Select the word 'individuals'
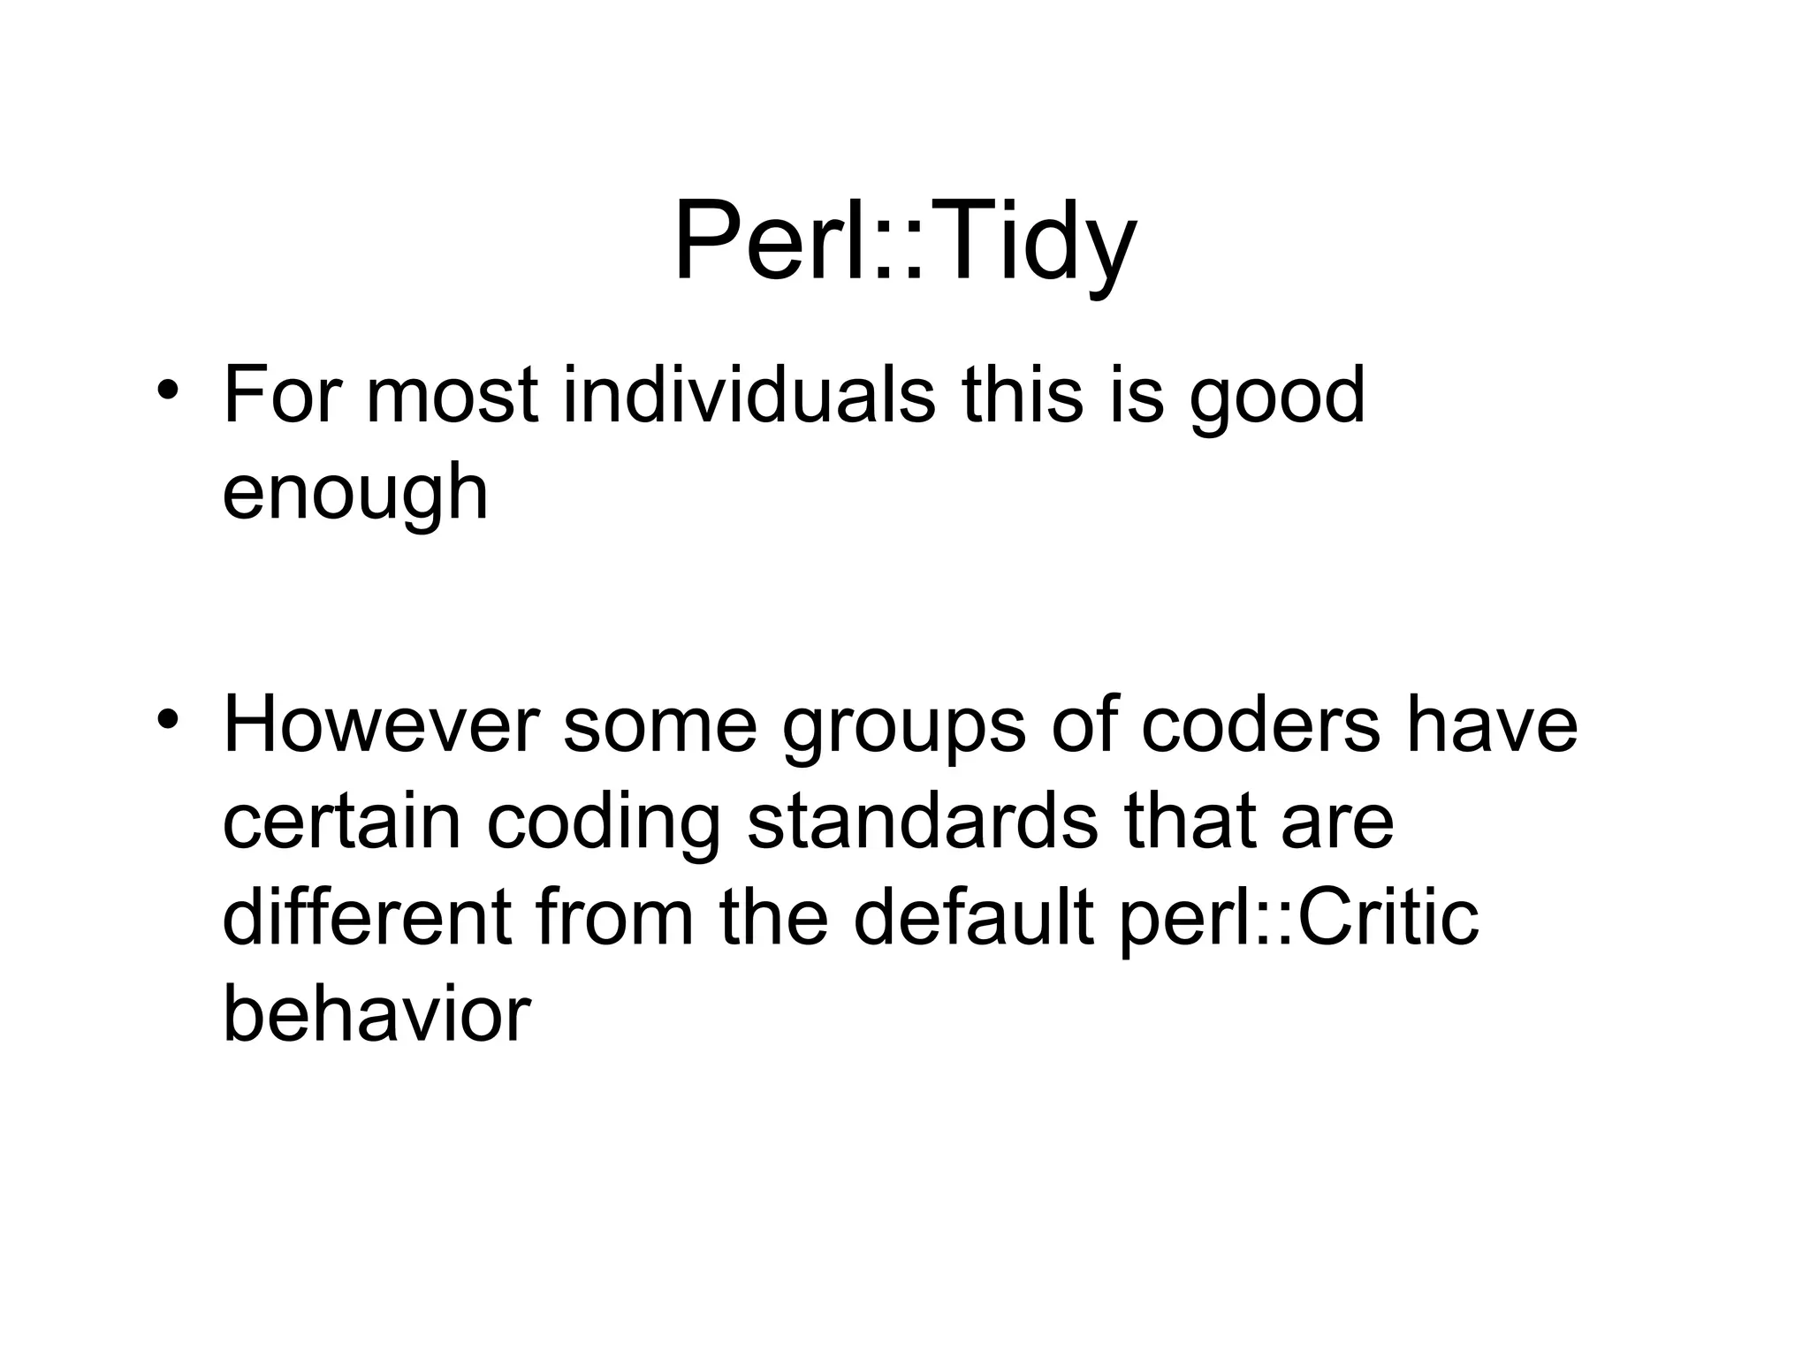click(749, 395)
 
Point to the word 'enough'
click(355, 493)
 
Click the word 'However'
click(381, 725)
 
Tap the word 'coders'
click(1260, 725)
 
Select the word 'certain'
click(342, 823)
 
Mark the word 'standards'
click(923, 823)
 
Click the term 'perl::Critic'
click(1298, 919)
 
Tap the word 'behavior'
click(376, 1013)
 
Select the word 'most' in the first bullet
click(452, 397)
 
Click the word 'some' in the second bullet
click(660, 727)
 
